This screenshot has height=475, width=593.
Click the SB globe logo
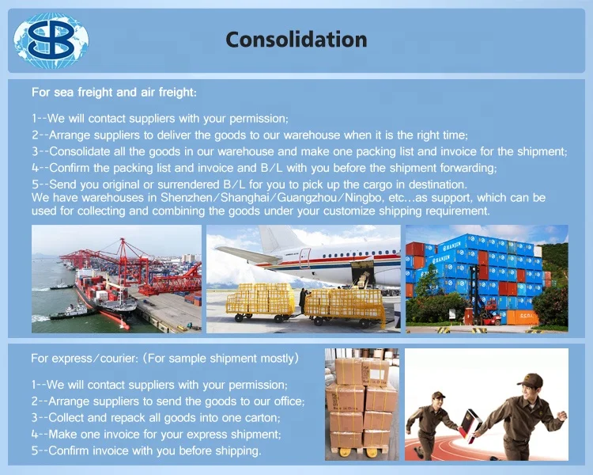(51, 40)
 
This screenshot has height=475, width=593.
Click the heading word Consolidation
(296, 40)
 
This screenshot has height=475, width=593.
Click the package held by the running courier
(470, 425)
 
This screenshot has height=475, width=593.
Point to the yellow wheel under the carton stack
(345, 452)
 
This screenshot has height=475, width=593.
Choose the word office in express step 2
(289, 401)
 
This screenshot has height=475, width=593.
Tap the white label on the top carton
(376, 374)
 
